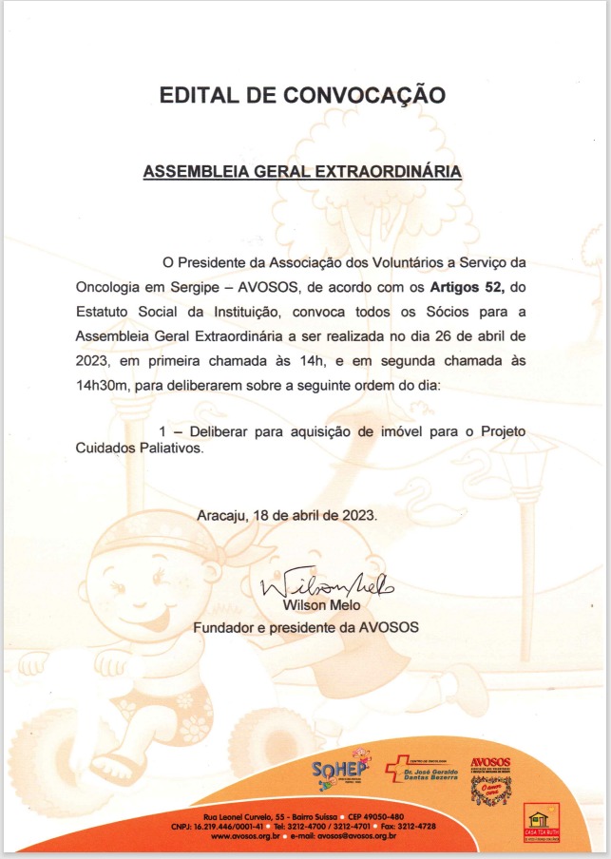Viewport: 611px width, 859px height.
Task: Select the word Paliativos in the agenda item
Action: (173, 451)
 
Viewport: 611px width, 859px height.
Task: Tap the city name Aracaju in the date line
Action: (222, 515)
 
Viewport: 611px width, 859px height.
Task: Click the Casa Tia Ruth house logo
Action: (542, 821)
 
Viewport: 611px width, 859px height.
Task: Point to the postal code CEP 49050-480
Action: (370, 817)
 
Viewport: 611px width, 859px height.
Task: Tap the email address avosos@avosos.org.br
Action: (353, 836)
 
